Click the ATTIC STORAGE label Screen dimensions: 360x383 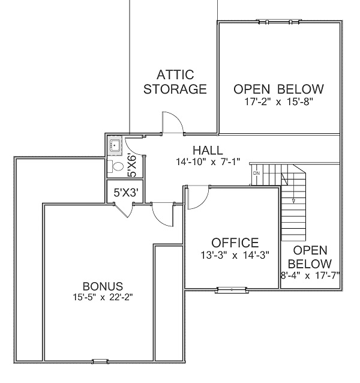pyautogui.click(x=175, y=82)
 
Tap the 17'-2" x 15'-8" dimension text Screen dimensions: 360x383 pyautogui.click(x=279, y=101)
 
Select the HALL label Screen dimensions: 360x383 pyautogui.click(x=208, y=150)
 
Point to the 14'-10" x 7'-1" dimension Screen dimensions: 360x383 pyautogui.click(x=208, y=161)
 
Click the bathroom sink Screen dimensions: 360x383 pyautogui.click(x=115, y=146)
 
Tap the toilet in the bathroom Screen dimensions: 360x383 pyautogui.click(x=116, y=166)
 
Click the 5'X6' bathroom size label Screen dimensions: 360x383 pyautogui.click(x=132, y=166)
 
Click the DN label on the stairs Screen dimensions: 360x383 pyautogui.click(x=257, y=173)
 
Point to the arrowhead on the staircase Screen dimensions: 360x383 pyautogui.click(x=293, y=201)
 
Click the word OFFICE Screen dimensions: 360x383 pyautogui.click(x=235, y=243)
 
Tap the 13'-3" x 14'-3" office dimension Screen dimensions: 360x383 pyautogui.click(x=235, y=255)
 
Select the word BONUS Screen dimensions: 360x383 pyautogui.click(x=103, y=286)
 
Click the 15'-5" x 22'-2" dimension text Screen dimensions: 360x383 pyautogui.click(x=103, y=297)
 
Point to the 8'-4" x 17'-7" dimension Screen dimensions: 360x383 pyautogui.click(x=310, y=276)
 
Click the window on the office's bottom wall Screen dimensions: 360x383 pyautogui.click(x=232, y=290)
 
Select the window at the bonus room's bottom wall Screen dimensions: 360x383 pyautogui.click(x=100, y=361)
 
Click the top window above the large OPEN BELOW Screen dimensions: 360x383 pyautogui.click(x=279, y=22)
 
